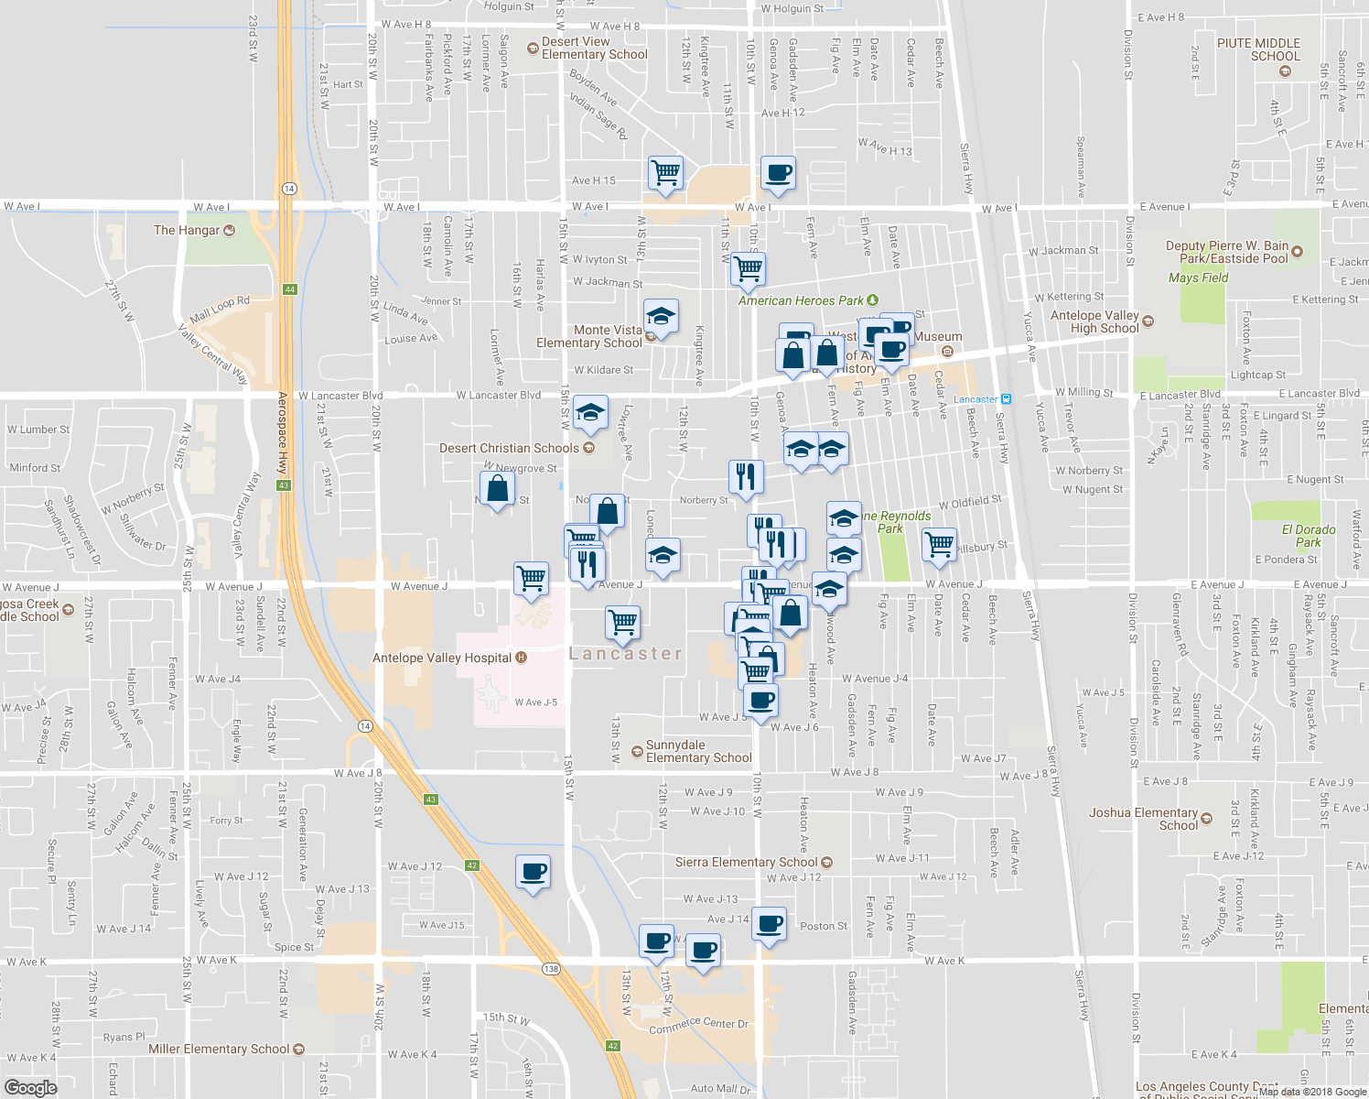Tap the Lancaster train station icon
(x=1006, y=399)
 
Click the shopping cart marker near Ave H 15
(x=665, y=173)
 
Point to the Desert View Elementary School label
(x=594, y=49)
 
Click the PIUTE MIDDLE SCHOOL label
(x=1258, y=49)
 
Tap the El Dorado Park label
(x=1308, y=536)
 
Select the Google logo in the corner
(x=30, y=1087)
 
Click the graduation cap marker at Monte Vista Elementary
(x=661, y=317)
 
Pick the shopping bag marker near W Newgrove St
(x=497, y=489)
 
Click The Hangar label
(x=187, y=230)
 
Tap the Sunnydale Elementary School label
(x=698, y=751)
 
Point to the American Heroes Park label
(x=801, y=300)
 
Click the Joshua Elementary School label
(x=1143, y=819)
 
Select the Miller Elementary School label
(x=219, y=1049)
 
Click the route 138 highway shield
(x=550, y=969)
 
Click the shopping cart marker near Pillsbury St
(x=939, y=544)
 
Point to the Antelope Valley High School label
(x=1094, y=321)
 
